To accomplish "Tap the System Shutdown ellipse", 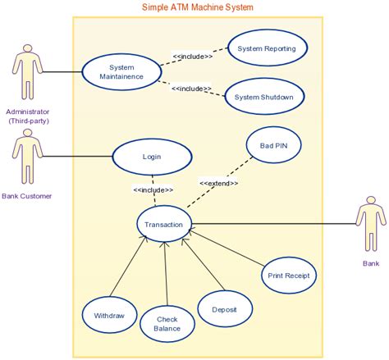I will tap(263, 97).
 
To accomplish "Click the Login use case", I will tap(151, 156).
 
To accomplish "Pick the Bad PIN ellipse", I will tap(274, 147).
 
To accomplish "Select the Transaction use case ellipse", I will tap(164, 224).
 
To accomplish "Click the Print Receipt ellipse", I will tap(288, 276).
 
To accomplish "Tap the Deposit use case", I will tap(224, 310).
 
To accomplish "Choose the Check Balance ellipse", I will tap(166, 323).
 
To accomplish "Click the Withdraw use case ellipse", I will tap(109, 316).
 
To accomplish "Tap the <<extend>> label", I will tap(218, 183).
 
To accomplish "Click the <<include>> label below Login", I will tap(153, 190).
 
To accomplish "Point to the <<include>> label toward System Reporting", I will tap(193, 57).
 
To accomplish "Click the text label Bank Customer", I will tap(26, 196).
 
